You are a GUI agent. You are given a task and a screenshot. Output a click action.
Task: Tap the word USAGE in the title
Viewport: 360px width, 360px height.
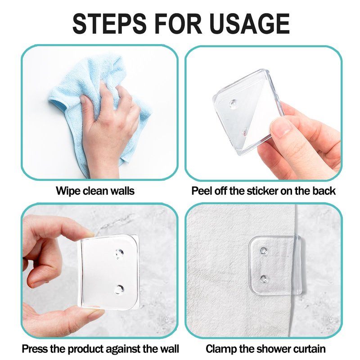click(x=250, y=23)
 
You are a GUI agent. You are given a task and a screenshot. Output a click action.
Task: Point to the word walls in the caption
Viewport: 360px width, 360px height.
click(x=122, y=191)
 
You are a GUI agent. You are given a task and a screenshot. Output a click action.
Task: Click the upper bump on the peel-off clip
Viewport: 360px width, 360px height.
click(x=233, y=104)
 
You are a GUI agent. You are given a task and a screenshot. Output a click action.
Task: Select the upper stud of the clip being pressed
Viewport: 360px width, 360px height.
click(x=119, y=253)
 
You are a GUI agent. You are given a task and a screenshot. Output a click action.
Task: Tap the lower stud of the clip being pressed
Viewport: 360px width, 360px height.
click(x=119, y=289)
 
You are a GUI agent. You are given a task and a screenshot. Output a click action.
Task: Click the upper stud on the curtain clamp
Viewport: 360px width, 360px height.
click(x=263, y=251)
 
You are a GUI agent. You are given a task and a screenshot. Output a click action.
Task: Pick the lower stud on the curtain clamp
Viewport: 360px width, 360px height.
click(x=264, y=279)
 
